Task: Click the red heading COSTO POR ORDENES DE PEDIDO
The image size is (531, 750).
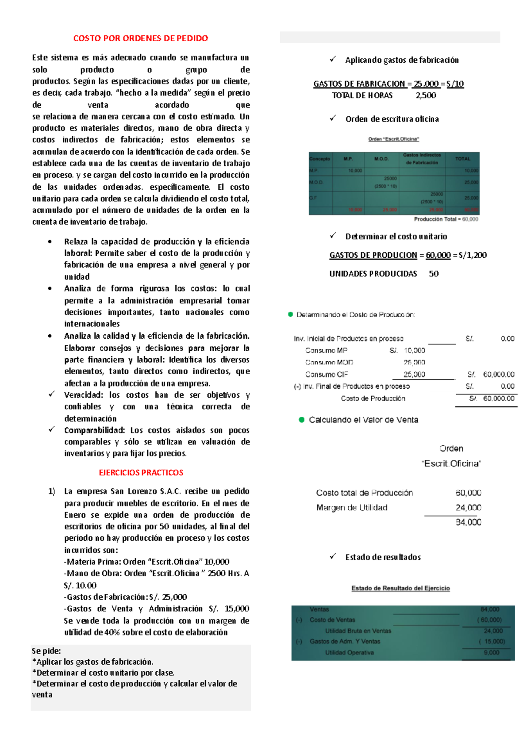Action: [141, 38]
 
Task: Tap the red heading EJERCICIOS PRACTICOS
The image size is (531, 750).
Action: [141, 473]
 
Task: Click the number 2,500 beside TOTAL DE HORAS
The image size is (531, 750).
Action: [425, 96]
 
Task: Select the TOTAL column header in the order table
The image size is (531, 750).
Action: [462, 159]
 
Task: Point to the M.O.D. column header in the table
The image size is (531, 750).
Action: [381, 159]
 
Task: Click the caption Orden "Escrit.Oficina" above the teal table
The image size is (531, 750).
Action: [393, 139]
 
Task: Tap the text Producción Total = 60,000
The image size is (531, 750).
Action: [446, 219]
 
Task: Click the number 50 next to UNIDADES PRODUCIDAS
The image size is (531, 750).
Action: [434, 274]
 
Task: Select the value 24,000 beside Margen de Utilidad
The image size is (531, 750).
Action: [468, 508]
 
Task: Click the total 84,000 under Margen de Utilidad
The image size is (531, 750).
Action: [468, 522]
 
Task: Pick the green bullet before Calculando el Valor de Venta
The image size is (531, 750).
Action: [301, 420]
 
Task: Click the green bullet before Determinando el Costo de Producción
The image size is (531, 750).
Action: [290, 314]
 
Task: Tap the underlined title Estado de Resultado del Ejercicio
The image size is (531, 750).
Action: [400, 588]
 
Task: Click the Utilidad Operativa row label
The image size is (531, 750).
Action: [349, 653]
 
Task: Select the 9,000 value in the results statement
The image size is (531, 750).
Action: [491, 653]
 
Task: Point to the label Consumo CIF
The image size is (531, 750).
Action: [327, 375]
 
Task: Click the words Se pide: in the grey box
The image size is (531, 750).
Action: [46, 651]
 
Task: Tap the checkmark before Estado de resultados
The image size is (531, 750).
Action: [333, 557]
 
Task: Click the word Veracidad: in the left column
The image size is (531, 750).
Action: [84, 395]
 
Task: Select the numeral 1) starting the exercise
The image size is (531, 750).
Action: [51, 491]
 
